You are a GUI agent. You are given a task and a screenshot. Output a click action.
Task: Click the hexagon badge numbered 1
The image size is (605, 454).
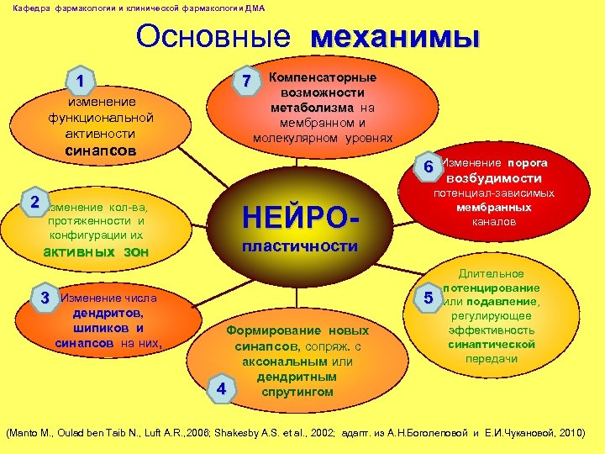(x=79, y=82)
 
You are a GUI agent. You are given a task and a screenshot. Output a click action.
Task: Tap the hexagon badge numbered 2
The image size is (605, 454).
(x=34, y=203)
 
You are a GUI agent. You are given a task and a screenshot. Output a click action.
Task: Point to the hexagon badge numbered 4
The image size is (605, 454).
(x=220, y=388)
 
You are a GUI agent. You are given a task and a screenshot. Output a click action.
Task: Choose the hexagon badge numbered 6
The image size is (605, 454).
(x=428, y=166)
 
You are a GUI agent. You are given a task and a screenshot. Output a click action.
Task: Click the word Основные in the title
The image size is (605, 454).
(x=213, y=37)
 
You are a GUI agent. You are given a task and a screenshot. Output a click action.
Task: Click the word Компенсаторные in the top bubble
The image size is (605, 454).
(x=323, y=77)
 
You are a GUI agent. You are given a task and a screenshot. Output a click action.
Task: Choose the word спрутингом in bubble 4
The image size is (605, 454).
(x=298, y=392)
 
